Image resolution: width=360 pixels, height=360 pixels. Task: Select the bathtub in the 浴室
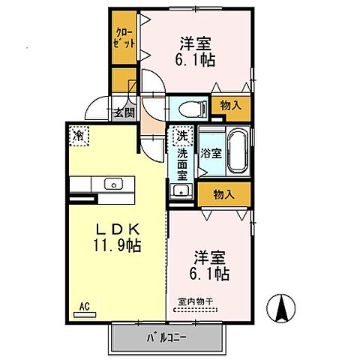click(x=239, y=150)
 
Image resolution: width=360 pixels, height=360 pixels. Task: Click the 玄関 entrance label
click(x=124, y=113)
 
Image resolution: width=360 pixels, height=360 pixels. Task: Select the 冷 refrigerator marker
click(x=79, y=135)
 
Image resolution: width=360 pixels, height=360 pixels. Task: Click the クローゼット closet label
click(x=124, y=37)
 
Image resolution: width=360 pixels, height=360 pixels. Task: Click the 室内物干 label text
click(x=196, y=301)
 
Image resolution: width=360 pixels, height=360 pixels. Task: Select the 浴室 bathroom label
click(x=210, y=153)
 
